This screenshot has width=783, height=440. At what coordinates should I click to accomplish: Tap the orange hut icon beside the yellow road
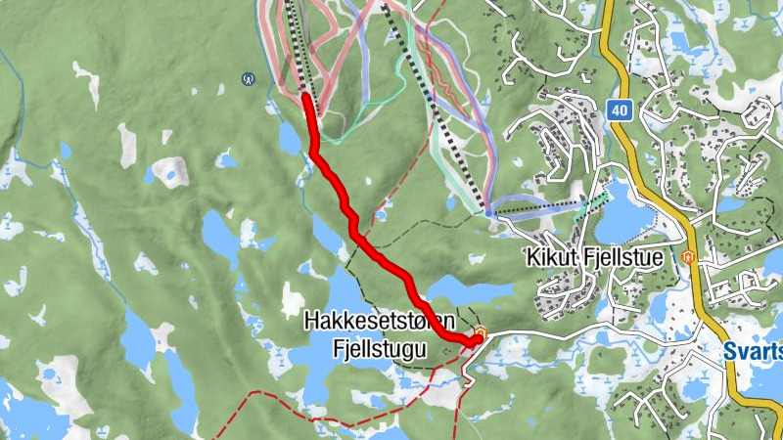687,257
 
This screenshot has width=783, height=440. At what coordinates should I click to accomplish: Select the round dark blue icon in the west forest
249,77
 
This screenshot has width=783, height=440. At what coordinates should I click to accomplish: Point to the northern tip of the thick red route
307,97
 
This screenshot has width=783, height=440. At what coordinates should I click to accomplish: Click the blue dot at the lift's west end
488,211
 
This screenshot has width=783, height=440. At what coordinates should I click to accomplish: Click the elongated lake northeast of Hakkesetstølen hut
460,290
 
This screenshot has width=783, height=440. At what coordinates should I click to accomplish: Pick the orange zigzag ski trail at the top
445,93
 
